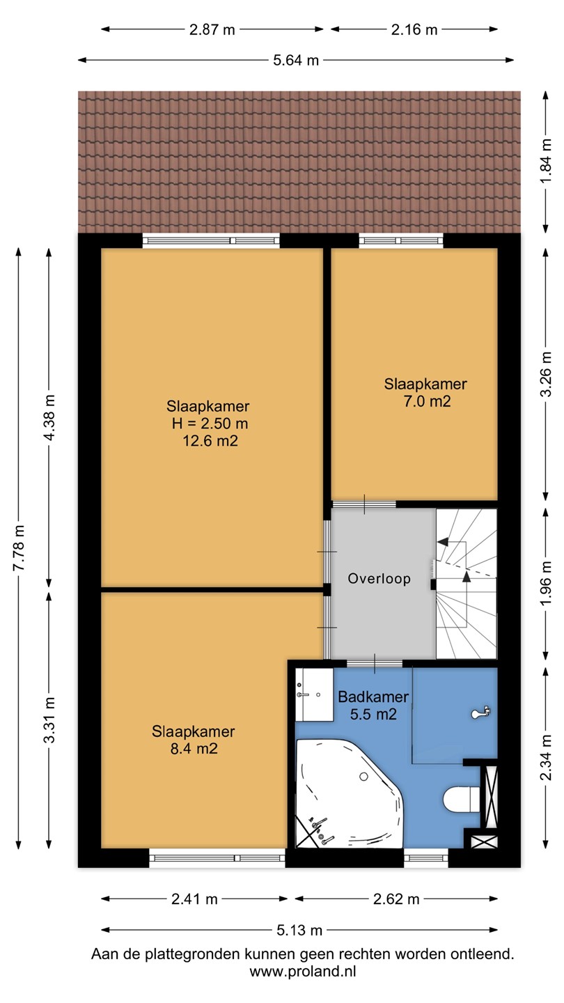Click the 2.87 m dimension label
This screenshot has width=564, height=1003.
[x=212, y=29]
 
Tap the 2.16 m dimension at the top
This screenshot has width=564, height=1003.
[x=414, y=29]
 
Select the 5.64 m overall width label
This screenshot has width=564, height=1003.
[x=296, y=60]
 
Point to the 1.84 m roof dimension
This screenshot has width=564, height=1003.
[x=546, y=161]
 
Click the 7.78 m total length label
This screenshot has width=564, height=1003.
[x=19, y=547]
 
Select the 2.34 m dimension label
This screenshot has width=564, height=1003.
[x=546, y=756]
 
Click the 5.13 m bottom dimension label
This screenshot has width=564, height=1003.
[x=299, y=930]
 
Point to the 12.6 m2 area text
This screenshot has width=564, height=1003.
[x=210, y=441]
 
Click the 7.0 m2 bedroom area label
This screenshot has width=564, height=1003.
[x=427, y=401]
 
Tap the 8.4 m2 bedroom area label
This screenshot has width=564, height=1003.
[x=194, y=748]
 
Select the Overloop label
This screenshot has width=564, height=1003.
[x=379, y=579]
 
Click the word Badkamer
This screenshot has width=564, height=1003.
[x=373, y=697]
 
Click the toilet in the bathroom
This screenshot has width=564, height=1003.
[x=462, y=800]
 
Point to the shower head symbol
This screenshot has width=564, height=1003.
[x=481, y=712]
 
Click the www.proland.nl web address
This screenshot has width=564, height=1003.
[x=303, y=971]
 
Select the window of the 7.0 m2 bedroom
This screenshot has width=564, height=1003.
[x=401, y=241]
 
